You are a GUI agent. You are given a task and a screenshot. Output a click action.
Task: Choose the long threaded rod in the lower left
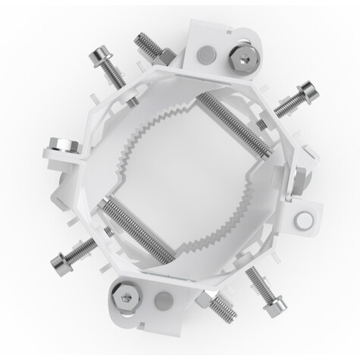click(137, 232)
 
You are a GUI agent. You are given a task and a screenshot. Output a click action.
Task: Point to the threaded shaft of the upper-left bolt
click(114, 74)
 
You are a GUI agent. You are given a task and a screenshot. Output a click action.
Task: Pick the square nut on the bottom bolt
click(206, 298)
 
